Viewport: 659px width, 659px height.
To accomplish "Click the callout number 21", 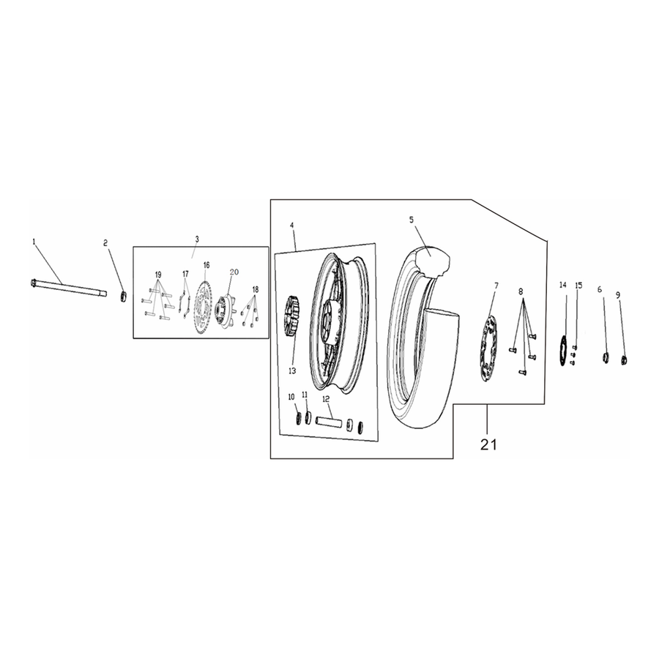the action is click(x=488, y=444).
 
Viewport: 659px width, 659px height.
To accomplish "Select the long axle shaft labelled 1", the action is click(x=69, y=288).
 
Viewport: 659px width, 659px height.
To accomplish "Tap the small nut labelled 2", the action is click(x=123, y=296).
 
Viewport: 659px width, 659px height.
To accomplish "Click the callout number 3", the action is click(x=197, y=239).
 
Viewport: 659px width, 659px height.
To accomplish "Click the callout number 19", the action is click(x=158, y=275).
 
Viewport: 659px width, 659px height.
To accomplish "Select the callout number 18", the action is click(x=256, y=289).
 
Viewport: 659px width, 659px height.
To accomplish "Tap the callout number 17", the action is click(x=185, y=275).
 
